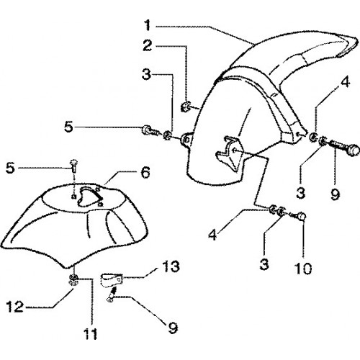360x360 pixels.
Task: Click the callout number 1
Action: point(148,25)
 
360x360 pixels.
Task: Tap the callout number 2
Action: point(148,45)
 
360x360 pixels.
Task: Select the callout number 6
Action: point(145,172)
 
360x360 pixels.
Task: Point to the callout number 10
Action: point(303,268)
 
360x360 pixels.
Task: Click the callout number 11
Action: point(91,333)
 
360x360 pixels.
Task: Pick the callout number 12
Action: point(15,307)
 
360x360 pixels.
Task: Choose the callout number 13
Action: point(171,266)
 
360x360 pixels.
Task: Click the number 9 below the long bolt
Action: point(335,194)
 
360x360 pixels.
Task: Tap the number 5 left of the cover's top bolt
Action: point(10,168)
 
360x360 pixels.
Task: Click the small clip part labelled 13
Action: point(112,280)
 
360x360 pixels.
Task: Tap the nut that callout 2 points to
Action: point(185,107)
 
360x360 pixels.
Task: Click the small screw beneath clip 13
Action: point(112,294)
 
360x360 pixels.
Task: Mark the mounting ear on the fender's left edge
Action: point(186,139)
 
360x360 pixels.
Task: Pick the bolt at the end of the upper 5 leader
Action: point(150,131)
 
